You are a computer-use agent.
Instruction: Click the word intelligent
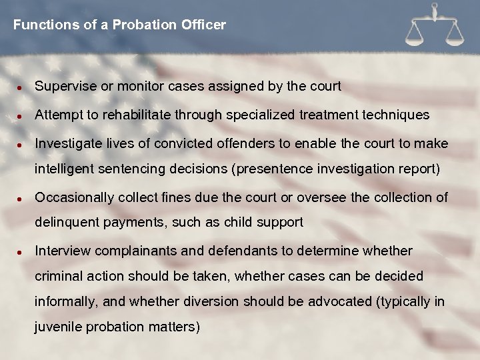(64, 169)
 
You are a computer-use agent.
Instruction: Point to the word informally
(65, 301)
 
